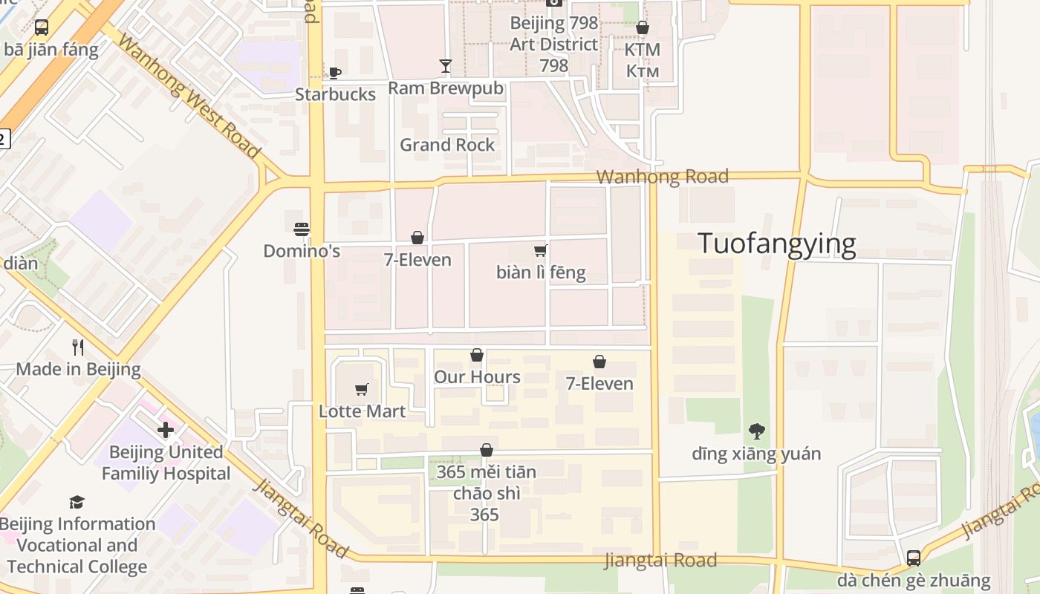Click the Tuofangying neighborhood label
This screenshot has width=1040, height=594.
(x=777, y=244)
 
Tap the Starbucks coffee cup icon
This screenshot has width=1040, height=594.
(x=334, y=73)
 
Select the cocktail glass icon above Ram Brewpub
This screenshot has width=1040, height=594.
(x=445, y=66)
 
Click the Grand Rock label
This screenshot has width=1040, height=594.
(x=447, y=145)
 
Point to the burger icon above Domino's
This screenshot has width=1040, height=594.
(x=302, y=229)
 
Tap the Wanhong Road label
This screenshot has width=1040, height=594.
(x=662, y=177)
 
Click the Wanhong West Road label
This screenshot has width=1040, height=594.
(x=189, y=97)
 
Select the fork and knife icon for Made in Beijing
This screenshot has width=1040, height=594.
(x=77, y=347)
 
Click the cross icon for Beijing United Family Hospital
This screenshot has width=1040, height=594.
(x=166, y=430)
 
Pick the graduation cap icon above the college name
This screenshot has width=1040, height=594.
(x=77, y=503)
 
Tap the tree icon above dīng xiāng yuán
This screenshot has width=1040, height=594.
(x=756, y=431)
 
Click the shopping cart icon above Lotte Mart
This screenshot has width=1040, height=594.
(x=362, y=389)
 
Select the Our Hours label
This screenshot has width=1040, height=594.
(x=477, y=377)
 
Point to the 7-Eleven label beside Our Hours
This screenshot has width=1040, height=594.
(x=599, y=384)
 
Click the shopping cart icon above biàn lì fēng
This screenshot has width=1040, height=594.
(x=541, y=250)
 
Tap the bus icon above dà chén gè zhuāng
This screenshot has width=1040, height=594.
(x=914, y=558)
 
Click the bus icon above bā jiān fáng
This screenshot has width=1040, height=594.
(x=42, y=28)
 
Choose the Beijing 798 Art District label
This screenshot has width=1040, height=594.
(x=553, y=44)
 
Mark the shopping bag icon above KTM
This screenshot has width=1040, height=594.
(x=643, y=28)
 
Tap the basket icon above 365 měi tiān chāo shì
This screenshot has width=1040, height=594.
(x=487, y=450)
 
